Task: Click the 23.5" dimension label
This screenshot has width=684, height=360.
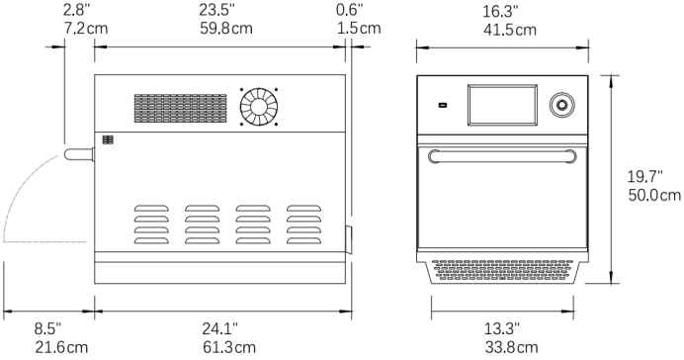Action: pos(216,10)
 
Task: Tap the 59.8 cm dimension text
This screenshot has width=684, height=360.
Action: pos(226,29)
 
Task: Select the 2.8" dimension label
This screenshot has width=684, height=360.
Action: pos(77,10)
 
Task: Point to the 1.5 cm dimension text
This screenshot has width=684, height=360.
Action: pos(359,29)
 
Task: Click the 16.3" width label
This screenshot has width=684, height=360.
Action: pos(500,11)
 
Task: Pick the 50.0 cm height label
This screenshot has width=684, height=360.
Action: pos(654,195)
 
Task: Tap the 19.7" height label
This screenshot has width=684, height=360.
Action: pos(645,177)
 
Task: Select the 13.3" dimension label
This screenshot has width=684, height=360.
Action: pos(502,328)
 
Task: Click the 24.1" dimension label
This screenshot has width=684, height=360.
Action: pos(219,328)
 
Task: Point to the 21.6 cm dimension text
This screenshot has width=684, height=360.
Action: pos(61,348)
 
